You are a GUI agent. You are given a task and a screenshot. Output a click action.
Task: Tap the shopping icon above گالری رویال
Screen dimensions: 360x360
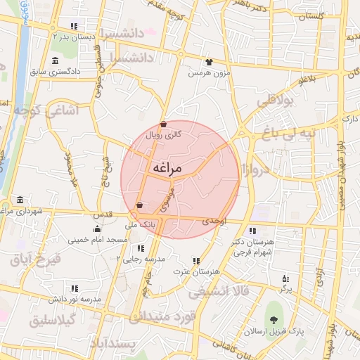163,124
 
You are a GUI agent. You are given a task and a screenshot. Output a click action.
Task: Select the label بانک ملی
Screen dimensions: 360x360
137,225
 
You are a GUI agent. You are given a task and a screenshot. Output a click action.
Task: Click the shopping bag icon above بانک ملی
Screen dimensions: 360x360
139,205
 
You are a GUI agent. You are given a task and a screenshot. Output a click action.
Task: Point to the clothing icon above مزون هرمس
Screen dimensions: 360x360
208,62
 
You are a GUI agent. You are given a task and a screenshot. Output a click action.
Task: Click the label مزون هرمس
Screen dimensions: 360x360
208,72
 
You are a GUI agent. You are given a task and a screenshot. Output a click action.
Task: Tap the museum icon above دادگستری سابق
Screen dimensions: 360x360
56,60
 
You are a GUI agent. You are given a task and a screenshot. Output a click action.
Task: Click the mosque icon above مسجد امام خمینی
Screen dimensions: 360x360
97,229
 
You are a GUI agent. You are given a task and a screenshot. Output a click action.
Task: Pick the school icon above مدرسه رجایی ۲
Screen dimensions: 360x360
141,248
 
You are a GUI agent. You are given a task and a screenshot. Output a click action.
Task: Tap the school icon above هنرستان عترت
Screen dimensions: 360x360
196,261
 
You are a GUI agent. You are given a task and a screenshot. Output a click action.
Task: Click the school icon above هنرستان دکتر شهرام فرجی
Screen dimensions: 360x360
252,230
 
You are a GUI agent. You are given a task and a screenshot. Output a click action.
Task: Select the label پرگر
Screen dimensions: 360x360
285,288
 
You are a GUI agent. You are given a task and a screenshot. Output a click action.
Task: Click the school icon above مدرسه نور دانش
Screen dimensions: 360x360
74,288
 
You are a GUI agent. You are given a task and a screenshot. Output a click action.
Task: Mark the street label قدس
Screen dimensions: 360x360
103,214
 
